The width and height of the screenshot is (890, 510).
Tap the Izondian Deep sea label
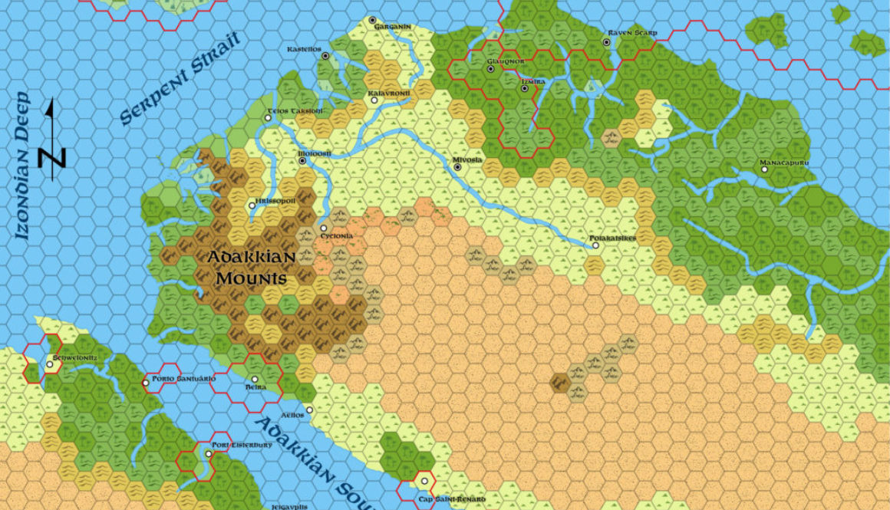tap(23, 165)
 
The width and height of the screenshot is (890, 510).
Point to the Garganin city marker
tap(372, 20)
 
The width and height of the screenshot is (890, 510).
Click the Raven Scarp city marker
tap(606, 42)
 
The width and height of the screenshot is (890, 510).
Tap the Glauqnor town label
tap(505, 61)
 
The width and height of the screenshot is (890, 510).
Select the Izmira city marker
tap(525, 88)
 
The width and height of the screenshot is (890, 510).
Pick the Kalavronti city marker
tap(374, 100)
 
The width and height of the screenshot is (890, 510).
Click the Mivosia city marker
tap(458, 167)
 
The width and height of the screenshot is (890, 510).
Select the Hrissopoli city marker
tap(252, 206)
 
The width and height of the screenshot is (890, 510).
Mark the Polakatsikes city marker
tap(595, 245)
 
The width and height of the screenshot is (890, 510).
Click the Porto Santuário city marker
tap(146, 382)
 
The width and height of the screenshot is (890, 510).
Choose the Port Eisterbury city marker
tap(209, 454)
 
